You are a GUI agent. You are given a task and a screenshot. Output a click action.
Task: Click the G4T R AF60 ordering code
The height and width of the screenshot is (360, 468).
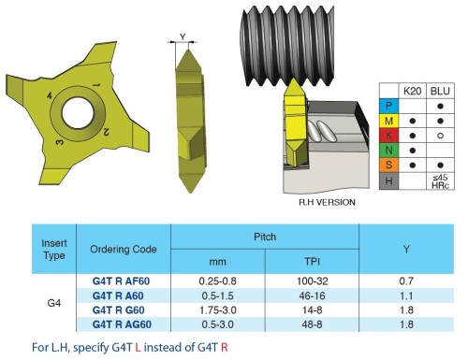(x=121, y=281)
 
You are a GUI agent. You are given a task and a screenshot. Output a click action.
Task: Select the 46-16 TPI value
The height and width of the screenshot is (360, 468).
(x=312, y=295)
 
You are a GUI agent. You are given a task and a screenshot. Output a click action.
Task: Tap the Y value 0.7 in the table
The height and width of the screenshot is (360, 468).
(x=406, y=281)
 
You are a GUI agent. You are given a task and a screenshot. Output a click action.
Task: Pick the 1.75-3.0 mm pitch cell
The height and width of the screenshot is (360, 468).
(x=218, y=310)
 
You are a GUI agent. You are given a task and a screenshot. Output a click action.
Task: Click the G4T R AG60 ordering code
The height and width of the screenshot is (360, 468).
(x=122, y=324)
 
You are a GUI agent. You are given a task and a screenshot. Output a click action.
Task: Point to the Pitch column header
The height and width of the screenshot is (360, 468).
(x=265, y=237)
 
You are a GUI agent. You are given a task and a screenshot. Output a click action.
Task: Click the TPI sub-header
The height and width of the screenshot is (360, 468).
(x=312, y=261)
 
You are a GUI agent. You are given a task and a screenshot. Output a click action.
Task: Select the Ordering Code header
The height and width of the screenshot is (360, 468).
(x=124, y=249)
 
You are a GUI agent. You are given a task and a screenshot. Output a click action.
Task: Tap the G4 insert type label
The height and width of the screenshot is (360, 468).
(x=54, y=303)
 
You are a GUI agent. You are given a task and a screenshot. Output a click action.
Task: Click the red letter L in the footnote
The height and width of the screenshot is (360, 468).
(x=138, y=347)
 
